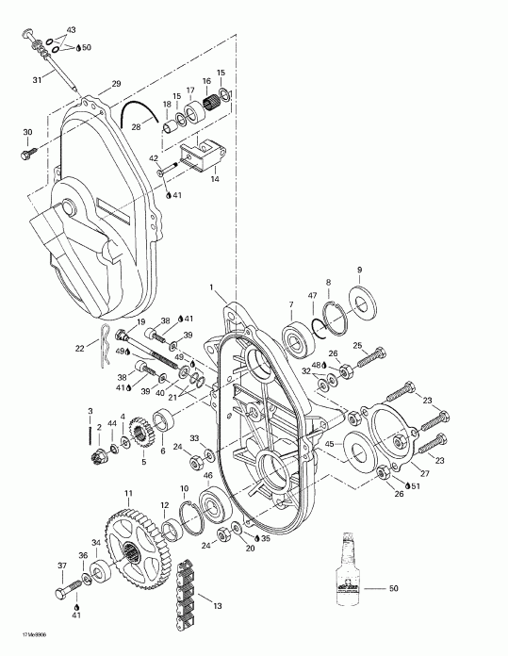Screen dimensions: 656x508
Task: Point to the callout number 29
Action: pyautogui.click(x=116, y=85)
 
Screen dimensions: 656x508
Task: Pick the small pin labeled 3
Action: pyautogui.click(x=89, y=433)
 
